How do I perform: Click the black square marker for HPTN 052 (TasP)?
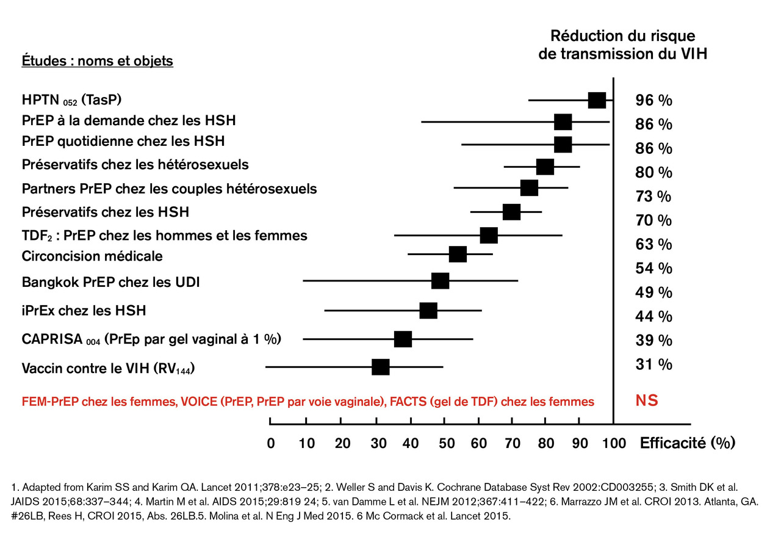tap(597, 101)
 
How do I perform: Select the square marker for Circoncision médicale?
tap(458, 255)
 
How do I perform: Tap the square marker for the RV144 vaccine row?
tap(381, 367)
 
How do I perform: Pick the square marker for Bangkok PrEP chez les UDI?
tap(440, 281)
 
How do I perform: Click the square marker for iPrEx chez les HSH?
tap(428, 311)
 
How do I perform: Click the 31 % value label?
tap(653, 364)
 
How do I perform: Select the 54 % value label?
tap(653, 269)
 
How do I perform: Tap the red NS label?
tap(647, 401)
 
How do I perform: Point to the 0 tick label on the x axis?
tap(271, 443)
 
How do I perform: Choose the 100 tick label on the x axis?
tap(614, 443)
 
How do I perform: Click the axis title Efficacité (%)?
tap(687, 443)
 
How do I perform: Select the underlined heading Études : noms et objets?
tap(98, 61)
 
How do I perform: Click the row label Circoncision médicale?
tap(92, 255)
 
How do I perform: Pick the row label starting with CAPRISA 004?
tap(151, 339)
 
